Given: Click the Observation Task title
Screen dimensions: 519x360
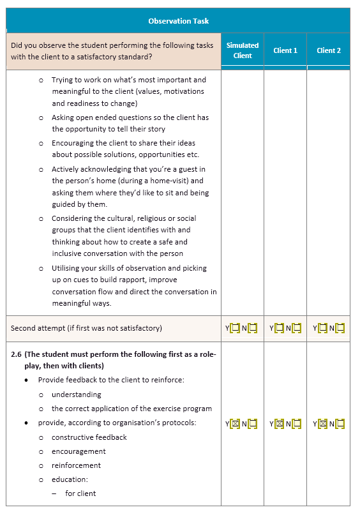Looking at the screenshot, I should pyautogui.click(x=178, y=21).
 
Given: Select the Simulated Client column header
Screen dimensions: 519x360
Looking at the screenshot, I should pyautogui.click(x=243, y=50).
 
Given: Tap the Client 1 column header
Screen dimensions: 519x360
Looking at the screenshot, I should pyautogui.click(x=285, y=50).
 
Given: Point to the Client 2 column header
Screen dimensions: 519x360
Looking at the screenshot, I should pyautogui.click(x=329, y=50).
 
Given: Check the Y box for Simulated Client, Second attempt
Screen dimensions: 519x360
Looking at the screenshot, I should pyautogui.click(x=235, y=328).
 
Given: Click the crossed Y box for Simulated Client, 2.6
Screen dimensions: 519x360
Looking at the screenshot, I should pyautogui.click(x=235, y=423).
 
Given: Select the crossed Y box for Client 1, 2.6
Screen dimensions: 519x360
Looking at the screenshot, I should pyautogui.click(x=279, y=423).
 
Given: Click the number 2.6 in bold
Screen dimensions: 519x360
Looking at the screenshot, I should pyautogui.click(x=17, y=354).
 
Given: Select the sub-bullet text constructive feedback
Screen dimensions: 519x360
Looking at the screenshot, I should pyautogui.click(x=89, y=437).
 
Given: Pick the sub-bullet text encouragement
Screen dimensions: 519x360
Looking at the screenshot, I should pyautogui.click(x=79, y=451).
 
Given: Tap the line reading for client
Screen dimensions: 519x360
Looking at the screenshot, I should pyautogui.click(x=80, y=493).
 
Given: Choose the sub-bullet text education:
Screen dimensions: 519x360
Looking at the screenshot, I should pyautogui.click(x=70, y=479).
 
